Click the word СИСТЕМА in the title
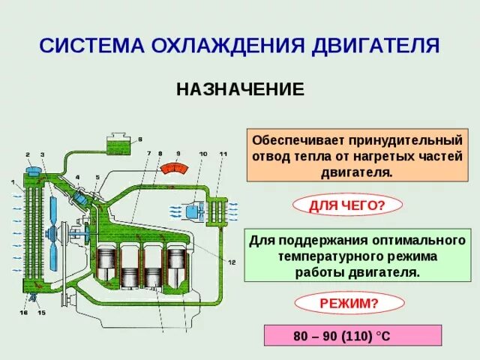pos(86,46)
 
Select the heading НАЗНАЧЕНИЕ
pos(240,90)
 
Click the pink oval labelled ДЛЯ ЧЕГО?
pos(346,204)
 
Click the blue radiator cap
pos(34,171)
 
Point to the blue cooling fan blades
pos(52,225)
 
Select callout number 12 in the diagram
pos(232,262)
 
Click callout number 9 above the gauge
pos(178,153)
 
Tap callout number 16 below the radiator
pos(22,312)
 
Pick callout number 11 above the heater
pos(223,154)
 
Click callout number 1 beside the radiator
pos(12,182)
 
